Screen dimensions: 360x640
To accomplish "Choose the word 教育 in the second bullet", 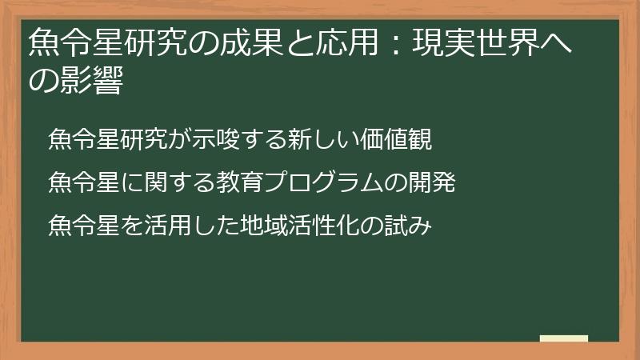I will point(235,183).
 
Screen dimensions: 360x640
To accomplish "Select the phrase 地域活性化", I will point(301,226).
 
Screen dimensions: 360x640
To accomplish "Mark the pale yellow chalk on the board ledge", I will point(564,338).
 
